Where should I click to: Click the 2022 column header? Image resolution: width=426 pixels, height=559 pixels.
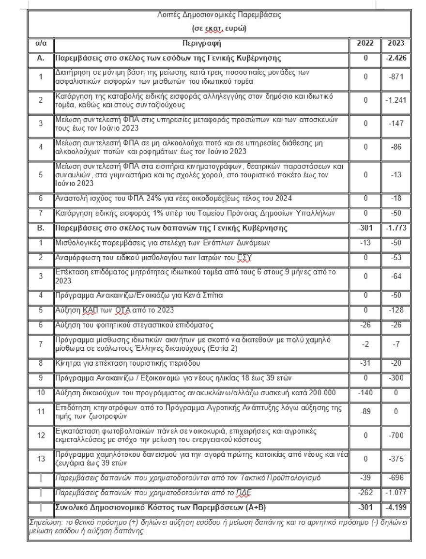pyautogui.click(x=365, y=43)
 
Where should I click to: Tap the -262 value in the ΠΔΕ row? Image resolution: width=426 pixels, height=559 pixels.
pyautogui.click(x=365, y=493)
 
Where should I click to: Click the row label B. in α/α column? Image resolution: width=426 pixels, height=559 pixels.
pyautogui.click(x=41, y=228)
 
